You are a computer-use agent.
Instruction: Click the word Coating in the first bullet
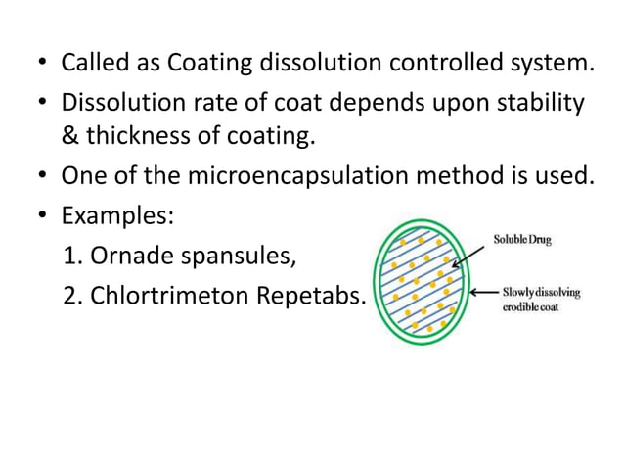pos(208,66)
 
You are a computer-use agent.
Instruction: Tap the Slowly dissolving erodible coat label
pos(541,299)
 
